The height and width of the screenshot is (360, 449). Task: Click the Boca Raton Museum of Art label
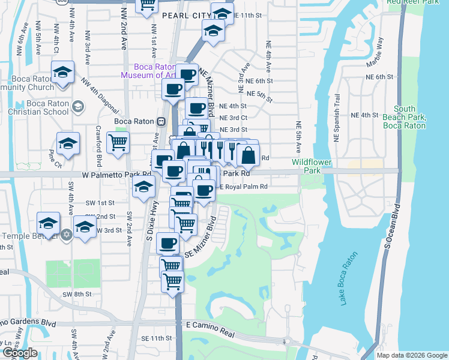click(148, 71)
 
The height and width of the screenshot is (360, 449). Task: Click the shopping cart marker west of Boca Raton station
click(118, 143)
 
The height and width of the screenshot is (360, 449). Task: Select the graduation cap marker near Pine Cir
click(68, 144)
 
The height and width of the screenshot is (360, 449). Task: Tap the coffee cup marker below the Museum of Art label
click(173, 90)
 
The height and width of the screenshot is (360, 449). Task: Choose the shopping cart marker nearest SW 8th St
click(173, 280)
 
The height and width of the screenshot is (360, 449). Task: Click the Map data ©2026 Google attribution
click(412, 355)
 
